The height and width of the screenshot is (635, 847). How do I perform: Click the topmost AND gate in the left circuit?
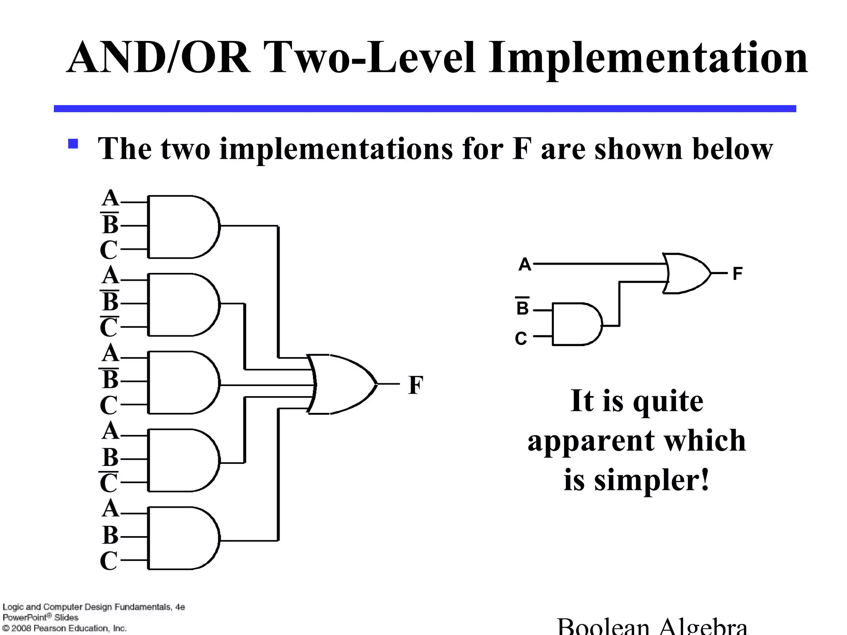[182, 227]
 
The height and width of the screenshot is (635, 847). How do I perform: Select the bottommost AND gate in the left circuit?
[182, 538]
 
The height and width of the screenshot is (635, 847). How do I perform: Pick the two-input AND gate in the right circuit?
[576, 324]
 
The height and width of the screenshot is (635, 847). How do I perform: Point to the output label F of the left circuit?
[416, 385]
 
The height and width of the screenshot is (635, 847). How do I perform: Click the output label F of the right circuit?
[737, 274]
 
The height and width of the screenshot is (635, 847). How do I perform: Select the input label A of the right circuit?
[525, 264]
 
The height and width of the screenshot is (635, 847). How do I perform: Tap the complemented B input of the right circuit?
[522, 308]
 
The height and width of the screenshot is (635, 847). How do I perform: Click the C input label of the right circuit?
[521, 339]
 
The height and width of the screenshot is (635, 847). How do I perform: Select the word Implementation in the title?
[648, 58]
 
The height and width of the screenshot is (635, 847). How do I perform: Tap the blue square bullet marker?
[73, 143]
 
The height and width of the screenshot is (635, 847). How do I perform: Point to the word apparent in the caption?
[591, 441]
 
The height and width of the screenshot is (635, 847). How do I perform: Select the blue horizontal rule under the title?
[425, 109]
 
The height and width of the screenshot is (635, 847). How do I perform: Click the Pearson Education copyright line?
[65, 628]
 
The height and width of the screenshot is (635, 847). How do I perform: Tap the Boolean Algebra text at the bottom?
[652, 626]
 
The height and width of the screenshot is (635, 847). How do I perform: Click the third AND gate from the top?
[182, 382]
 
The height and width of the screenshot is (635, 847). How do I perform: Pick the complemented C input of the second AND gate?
[109, 327]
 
